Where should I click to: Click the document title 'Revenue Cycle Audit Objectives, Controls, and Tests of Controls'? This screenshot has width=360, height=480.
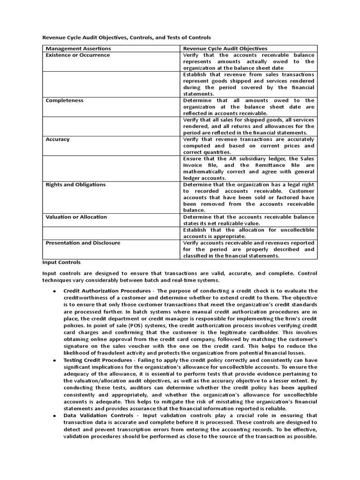(x=127, y=37)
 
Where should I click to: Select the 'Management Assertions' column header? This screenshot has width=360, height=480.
(x=78, y=48)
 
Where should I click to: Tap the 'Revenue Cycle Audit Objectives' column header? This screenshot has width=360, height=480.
(x=225, y=48)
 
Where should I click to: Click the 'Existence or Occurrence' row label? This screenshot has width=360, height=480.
(x=78, y=55)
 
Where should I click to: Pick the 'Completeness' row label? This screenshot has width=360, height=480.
(x=65, y=100)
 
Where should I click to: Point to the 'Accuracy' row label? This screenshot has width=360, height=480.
(x=58, y=139)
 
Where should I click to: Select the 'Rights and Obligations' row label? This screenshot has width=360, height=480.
(x=75, y=185)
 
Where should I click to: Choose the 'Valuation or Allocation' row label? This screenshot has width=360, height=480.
(x=76, y=217)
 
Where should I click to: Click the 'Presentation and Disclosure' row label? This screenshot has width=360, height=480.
(x=83, y=243)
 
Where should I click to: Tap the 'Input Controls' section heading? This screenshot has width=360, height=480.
(x=62, y=262)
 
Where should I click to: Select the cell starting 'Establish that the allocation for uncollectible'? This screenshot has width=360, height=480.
(x=248, y=233)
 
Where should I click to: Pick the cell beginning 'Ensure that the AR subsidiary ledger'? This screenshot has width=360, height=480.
(x=248, y=168)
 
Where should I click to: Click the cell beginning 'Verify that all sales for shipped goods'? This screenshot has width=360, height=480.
(x=248, y=126)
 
